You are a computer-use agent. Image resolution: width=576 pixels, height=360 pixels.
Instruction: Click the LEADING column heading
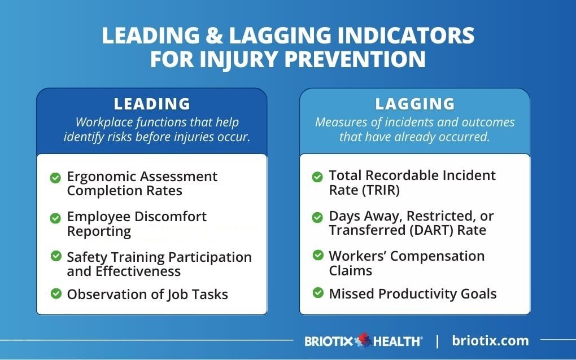pos(152,104)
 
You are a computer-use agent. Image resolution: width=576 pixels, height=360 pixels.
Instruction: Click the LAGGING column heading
pos(415,104)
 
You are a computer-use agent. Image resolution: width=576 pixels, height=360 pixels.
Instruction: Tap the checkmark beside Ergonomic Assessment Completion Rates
pos(55,178)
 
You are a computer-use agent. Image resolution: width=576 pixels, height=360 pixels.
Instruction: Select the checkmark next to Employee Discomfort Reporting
pos(55,218)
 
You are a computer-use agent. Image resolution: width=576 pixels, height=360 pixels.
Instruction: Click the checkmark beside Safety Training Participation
pos(55,256)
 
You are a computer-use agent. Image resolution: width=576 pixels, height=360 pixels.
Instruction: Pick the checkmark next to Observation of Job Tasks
pos(55,293)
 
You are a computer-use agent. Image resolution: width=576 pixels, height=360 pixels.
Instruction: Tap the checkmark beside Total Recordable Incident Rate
pos(318,177)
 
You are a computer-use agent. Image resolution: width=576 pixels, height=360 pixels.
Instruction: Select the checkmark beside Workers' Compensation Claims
pos(318,256)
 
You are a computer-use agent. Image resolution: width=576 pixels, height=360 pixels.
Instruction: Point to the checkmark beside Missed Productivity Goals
pos(318,293)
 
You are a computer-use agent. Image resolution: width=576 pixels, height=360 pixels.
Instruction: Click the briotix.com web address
pos(490,340)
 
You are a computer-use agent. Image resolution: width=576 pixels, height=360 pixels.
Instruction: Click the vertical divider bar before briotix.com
pos(437,341)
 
